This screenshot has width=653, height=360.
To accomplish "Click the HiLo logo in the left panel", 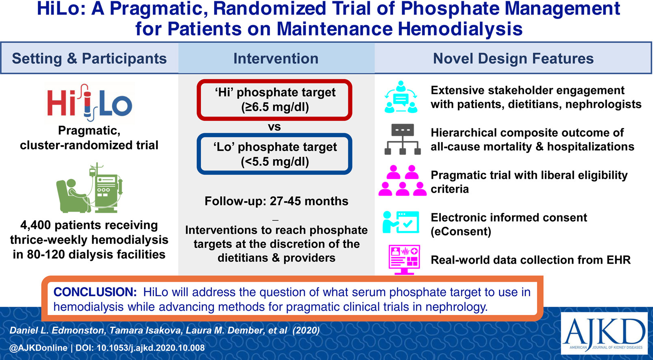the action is (90, 103).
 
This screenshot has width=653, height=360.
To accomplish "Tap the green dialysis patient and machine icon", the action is (89, 188).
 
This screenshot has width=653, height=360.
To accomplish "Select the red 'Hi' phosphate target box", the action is (274, 100).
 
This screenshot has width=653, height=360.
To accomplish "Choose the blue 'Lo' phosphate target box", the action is (274, 154).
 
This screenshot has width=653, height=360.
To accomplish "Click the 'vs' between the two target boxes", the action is (274, 127).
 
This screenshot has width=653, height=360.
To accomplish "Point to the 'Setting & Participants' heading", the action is (89, 59).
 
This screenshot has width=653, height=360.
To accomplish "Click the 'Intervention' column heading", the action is (276, 59).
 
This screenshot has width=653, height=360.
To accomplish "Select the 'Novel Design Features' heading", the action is (513, 59).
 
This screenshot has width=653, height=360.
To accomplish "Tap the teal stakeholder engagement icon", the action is (401, 97).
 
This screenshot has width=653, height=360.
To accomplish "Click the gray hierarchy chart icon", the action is (403, 139).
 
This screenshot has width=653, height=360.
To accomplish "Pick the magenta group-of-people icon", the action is (402, 180).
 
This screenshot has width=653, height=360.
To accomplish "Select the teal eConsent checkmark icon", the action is (401, 222).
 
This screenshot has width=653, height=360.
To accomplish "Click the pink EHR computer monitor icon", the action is (404, 260).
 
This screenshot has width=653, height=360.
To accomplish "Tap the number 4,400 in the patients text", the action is (35, 225).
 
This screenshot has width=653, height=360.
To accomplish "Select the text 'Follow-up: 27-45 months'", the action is (276, 201).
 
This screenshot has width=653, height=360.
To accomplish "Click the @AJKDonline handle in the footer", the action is (38, 348).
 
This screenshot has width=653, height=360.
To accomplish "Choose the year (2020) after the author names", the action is (306, 330).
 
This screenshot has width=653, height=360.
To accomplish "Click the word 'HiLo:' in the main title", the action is (61, 9).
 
